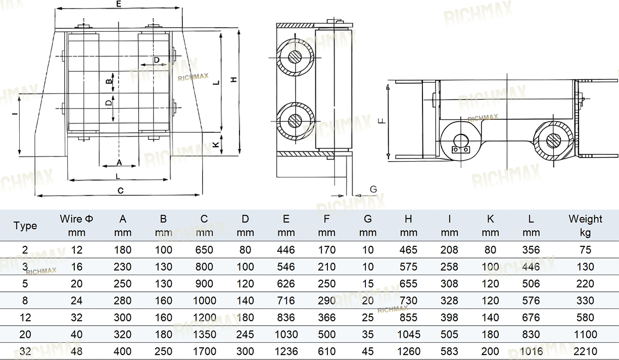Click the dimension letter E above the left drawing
119,4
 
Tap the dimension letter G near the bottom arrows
373,189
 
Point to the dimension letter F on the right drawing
382,120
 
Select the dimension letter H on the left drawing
234,79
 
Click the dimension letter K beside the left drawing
216,144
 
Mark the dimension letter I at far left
15,113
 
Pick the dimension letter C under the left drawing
120,190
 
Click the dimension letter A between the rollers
119,163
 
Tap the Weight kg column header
585,226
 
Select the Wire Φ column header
76,226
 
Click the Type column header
25,226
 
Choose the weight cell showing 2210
585,351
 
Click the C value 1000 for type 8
204,300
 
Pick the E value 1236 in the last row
286,351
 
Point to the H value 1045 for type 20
408,335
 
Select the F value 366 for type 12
326,318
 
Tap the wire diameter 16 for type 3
76,267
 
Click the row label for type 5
25,284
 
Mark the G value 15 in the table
367,284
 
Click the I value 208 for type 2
449,250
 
